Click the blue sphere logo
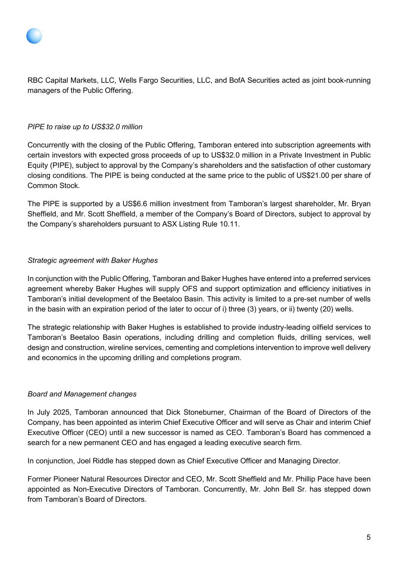point(34,36)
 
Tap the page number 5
point(368,537)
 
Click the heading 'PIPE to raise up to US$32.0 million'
point(85,127)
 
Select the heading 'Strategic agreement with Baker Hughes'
point(92,260)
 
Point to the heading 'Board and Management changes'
point(82,394)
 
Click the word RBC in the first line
point(35,80)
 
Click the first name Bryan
point(361,204)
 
